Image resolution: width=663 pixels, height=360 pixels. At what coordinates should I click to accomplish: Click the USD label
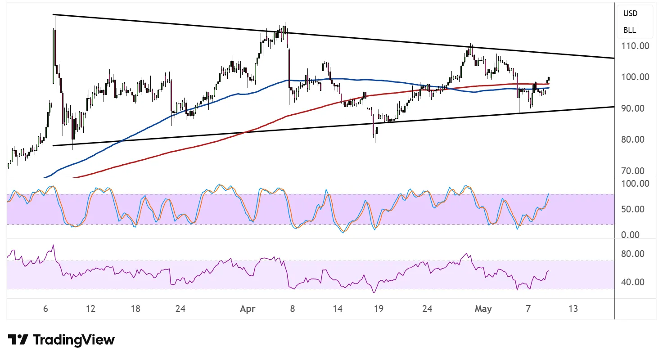630,13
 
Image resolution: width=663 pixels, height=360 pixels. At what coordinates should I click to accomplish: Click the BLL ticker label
630,30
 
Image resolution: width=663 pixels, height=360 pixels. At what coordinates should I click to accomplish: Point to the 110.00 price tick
635,46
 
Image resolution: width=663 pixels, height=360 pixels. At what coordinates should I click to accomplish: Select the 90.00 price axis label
633,108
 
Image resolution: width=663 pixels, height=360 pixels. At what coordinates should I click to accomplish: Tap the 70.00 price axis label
633,171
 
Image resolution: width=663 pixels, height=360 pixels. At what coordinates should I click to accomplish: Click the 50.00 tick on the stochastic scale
633,209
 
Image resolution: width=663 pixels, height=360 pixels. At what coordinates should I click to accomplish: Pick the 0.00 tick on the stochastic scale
631,234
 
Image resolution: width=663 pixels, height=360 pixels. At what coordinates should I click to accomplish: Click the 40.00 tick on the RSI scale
633,282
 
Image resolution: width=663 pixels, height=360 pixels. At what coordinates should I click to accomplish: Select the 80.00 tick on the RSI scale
633,253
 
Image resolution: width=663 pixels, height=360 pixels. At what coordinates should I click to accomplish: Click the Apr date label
248,309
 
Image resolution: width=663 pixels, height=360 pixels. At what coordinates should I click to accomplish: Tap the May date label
483,309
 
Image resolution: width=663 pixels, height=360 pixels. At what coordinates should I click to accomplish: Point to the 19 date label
379,309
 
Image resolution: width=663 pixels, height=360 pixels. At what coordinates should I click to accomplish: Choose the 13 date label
573,309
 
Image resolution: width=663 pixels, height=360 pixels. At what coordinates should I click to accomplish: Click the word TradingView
74,340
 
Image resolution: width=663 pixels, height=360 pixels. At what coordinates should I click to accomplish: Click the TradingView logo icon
18,340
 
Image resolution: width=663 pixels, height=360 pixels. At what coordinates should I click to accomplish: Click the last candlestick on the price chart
549,78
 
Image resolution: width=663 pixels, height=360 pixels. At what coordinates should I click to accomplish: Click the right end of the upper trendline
614,58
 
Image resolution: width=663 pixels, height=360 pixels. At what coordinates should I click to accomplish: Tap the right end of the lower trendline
614,107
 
